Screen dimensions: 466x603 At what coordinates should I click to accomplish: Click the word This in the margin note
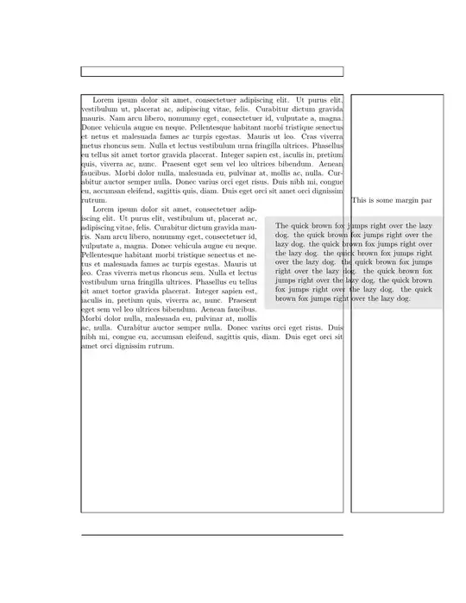[x=360, y=200]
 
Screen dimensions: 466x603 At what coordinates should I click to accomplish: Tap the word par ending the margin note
[x=426, y=200]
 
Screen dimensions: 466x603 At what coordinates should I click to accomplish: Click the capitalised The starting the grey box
[x=283, y=225]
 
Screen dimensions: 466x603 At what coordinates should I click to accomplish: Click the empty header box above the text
[x=211, y=72]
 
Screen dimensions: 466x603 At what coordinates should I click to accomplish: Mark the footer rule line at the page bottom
[x=211, y=535]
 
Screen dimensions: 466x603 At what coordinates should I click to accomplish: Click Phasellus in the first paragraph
[x=326, y=146]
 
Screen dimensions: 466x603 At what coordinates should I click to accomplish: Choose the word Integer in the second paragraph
[x=210, y=292]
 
